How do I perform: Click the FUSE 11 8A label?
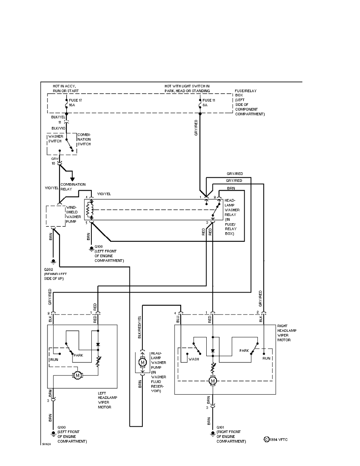pos(208,103)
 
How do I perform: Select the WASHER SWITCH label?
pos(56,139)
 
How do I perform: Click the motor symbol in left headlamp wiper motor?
pos(77,375)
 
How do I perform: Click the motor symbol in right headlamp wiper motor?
pos(213,381)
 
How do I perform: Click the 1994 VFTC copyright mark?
pos(276,440)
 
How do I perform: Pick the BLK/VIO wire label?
pos(59,128)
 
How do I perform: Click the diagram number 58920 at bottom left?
pos(47,445)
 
